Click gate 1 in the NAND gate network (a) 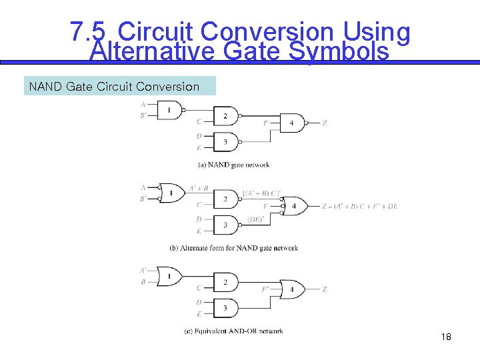pyautogui.click(x=169, y=109)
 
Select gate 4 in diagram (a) pyautogui.click(x=292, y=124)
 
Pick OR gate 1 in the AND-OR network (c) pyautogui.click(x=170, y=276)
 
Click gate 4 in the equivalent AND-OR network pyautogui.click(x=292, y=290)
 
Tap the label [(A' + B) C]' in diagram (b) pyautogui.click(x=261, y=193)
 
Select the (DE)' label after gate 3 pyautogui.click(x=256, y=219)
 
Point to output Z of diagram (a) pyautogui.click(x=325, y=124)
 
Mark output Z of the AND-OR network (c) pyautogui.click(x=325, y=290)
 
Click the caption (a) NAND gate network pyautogui.click(x=234, y=165)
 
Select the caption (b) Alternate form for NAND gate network pyautogui.click(x=234, y=248)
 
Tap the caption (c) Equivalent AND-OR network pyautogui.click(x=234, y=331)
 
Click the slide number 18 pyautogui.click(x=446, y=337)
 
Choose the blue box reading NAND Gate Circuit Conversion pyautogui.click(x=120, y=87)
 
